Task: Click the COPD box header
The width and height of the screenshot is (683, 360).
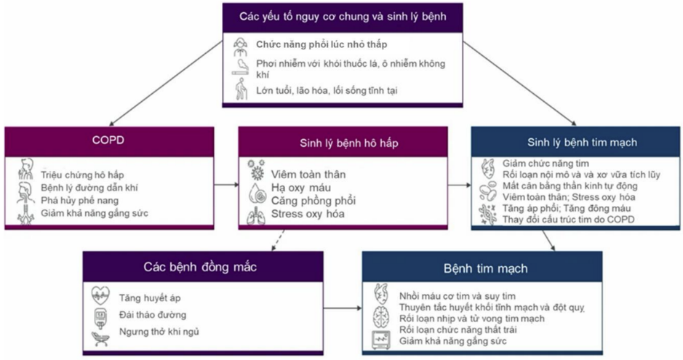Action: [x=108, y=140]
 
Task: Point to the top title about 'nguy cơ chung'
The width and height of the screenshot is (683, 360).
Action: [x=343, y=15]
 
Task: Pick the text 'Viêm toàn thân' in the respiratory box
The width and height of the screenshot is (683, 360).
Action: [x=308, y=175]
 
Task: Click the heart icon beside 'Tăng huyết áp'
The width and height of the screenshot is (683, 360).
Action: [x=100, y=297]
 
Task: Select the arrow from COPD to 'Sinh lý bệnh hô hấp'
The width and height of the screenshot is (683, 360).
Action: [x=227, y=185]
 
